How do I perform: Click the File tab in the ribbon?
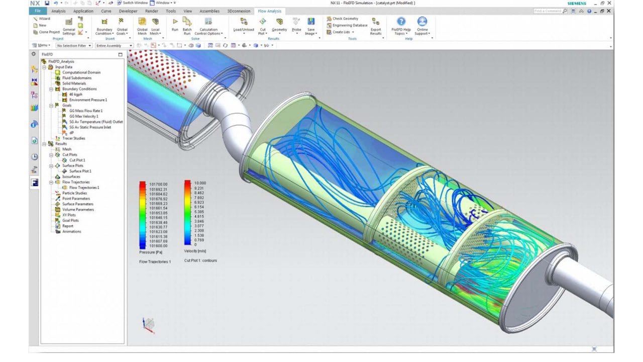[x=37, y=11]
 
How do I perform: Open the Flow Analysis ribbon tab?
[x=270, y=11]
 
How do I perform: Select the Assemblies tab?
[x=209, y=11]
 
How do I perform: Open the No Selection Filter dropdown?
[x=74, y=45]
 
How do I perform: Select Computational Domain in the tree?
[x=81, y=72]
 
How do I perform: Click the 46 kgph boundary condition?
[x=76, y=94]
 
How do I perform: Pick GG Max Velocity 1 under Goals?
[x=83, y=116]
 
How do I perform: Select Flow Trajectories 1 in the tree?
[x=84, y=188]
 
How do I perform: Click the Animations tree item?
[x=71, y=231]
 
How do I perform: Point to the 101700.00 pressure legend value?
[x=158, y=185]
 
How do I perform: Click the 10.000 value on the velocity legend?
[x=200, y=183]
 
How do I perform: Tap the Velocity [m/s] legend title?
[x=195, y=251]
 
